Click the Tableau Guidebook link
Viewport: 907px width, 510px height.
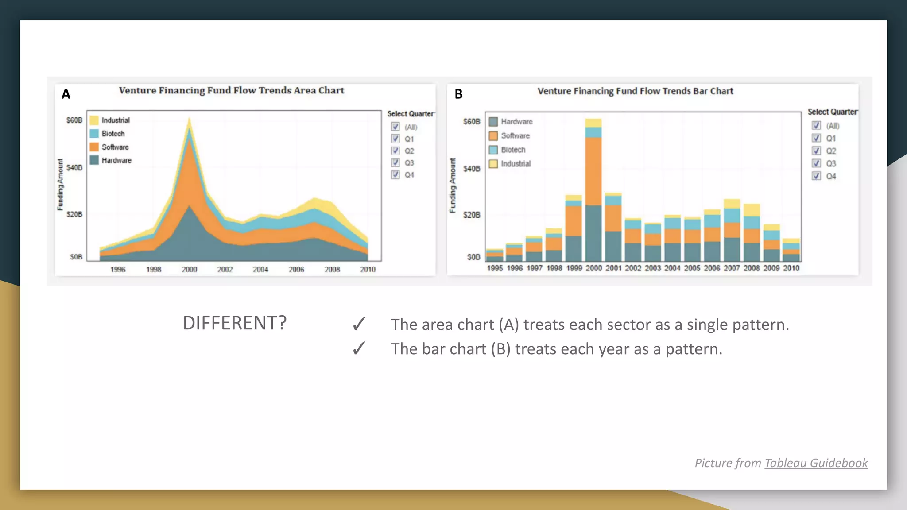(816, 463)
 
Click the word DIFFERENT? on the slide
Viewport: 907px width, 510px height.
(235, 323)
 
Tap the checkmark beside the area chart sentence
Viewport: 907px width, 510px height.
(359, 325)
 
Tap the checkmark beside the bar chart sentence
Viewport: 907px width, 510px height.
(359, 349)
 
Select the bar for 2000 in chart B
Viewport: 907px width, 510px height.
(593, 190)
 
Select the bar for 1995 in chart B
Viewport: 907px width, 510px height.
(495, 255)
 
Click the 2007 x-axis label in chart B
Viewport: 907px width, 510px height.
(732, 268)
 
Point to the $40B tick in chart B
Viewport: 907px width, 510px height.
(472, 169)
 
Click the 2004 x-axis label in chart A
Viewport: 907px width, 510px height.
(260, 269)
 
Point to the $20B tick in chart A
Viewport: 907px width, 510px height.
(74, 214)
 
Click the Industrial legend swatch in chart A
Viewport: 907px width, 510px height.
(94, 120)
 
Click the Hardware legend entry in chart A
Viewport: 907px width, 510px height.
(116, 160)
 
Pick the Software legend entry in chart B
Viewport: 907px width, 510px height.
(515, 135)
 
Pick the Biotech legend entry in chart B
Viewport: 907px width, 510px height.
(513, 150)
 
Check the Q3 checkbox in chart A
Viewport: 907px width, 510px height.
(395, 162)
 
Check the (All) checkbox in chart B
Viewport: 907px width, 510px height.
(816, 126)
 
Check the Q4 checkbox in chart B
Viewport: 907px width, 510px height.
(816, 176)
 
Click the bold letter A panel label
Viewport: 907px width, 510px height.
(66, 94)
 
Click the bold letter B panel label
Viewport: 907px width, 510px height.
(458, 94)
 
